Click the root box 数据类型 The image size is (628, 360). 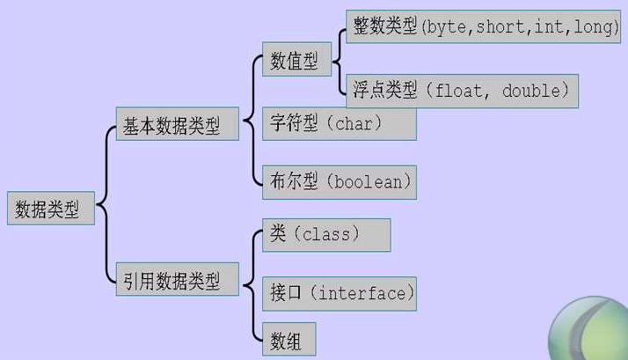pyautogui.click(x=50, y=209)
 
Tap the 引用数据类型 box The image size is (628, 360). pyautogui.click(x=178, y=281)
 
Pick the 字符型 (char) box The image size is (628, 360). pyautogui.click(x=338, y=123)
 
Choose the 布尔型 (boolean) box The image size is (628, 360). pyautogui.click(x=338, y=182)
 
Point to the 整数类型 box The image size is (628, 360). pyautogui.click(x=485, y=28)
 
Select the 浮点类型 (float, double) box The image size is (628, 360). pyautogui.click(x=463, y=89)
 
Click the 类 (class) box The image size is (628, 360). pyautogui.click(x=325, y=235)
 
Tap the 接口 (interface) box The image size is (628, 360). pyautogui.click(x=338, y=293)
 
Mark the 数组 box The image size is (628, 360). pyautogui.click(x=288, y=339)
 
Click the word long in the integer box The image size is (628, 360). pyautogui.click(x=595, y=28)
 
